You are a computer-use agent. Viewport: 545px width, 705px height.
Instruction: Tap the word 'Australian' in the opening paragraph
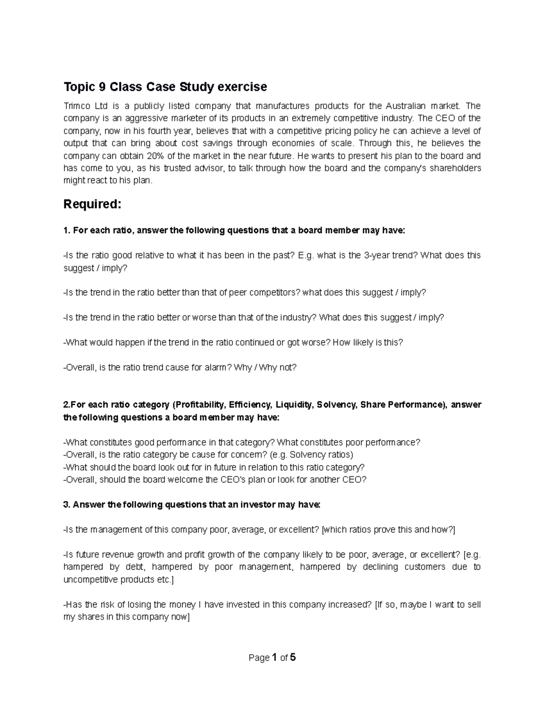[x=406, y=106]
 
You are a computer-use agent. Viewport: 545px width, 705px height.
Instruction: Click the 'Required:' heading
[x=93, y=205]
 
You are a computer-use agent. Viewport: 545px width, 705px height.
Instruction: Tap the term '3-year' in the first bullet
[x=376, y=255]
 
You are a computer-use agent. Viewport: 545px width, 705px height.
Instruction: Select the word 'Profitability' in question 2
[x=199, y=404]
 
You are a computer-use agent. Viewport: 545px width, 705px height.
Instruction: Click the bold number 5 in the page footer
[x=293, y=657]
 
